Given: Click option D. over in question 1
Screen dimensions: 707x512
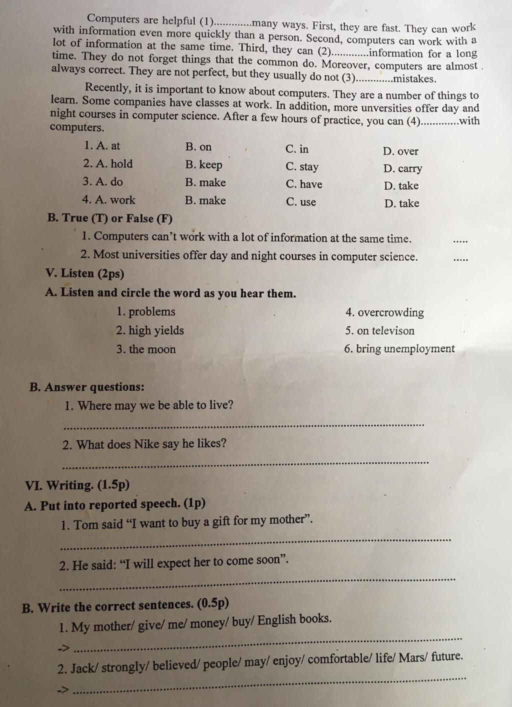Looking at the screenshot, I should point(400,151).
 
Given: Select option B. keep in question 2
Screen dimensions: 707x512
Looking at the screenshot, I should point(203,164).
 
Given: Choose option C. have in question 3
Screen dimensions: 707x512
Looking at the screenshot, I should point(304,184).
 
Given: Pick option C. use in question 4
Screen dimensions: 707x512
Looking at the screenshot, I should point(301,202).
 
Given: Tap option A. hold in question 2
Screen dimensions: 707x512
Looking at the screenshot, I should point(108,163).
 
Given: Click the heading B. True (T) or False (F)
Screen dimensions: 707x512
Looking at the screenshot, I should point(110,218).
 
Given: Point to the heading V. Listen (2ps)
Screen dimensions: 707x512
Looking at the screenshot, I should point(84,273).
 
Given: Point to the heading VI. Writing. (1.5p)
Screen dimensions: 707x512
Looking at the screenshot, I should point(77,485).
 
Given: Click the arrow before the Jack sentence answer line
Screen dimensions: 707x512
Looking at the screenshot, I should point(64,690).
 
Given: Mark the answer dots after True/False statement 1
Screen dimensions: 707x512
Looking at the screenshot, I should point(460,241).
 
